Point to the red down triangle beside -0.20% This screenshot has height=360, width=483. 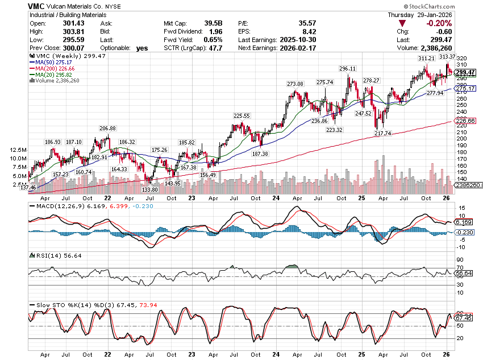click(x=402, y=23)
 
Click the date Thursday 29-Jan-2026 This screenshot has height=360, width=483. click(x=419, y=14)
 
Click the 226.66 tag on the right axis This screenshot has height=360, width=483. click(x=465, y=121)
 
